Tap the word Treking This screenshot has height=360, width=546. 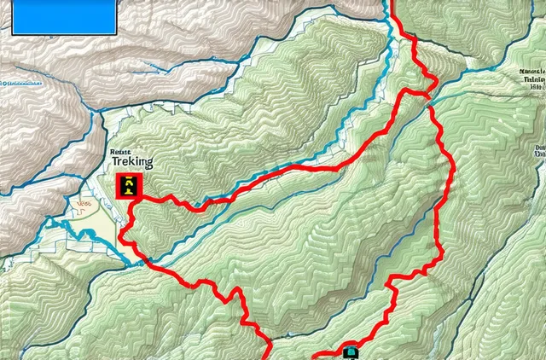[132, 162]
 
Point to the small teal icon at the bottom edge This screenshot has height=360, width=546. [350, 351]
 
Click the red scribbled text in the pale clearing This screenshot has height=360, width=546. [84, 205]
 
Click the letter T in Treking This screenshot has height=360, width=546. [115, 162]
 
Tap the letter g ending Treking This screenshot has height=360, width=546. [148, 164]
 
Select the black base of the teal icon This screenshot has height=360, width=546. [350, 357]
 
